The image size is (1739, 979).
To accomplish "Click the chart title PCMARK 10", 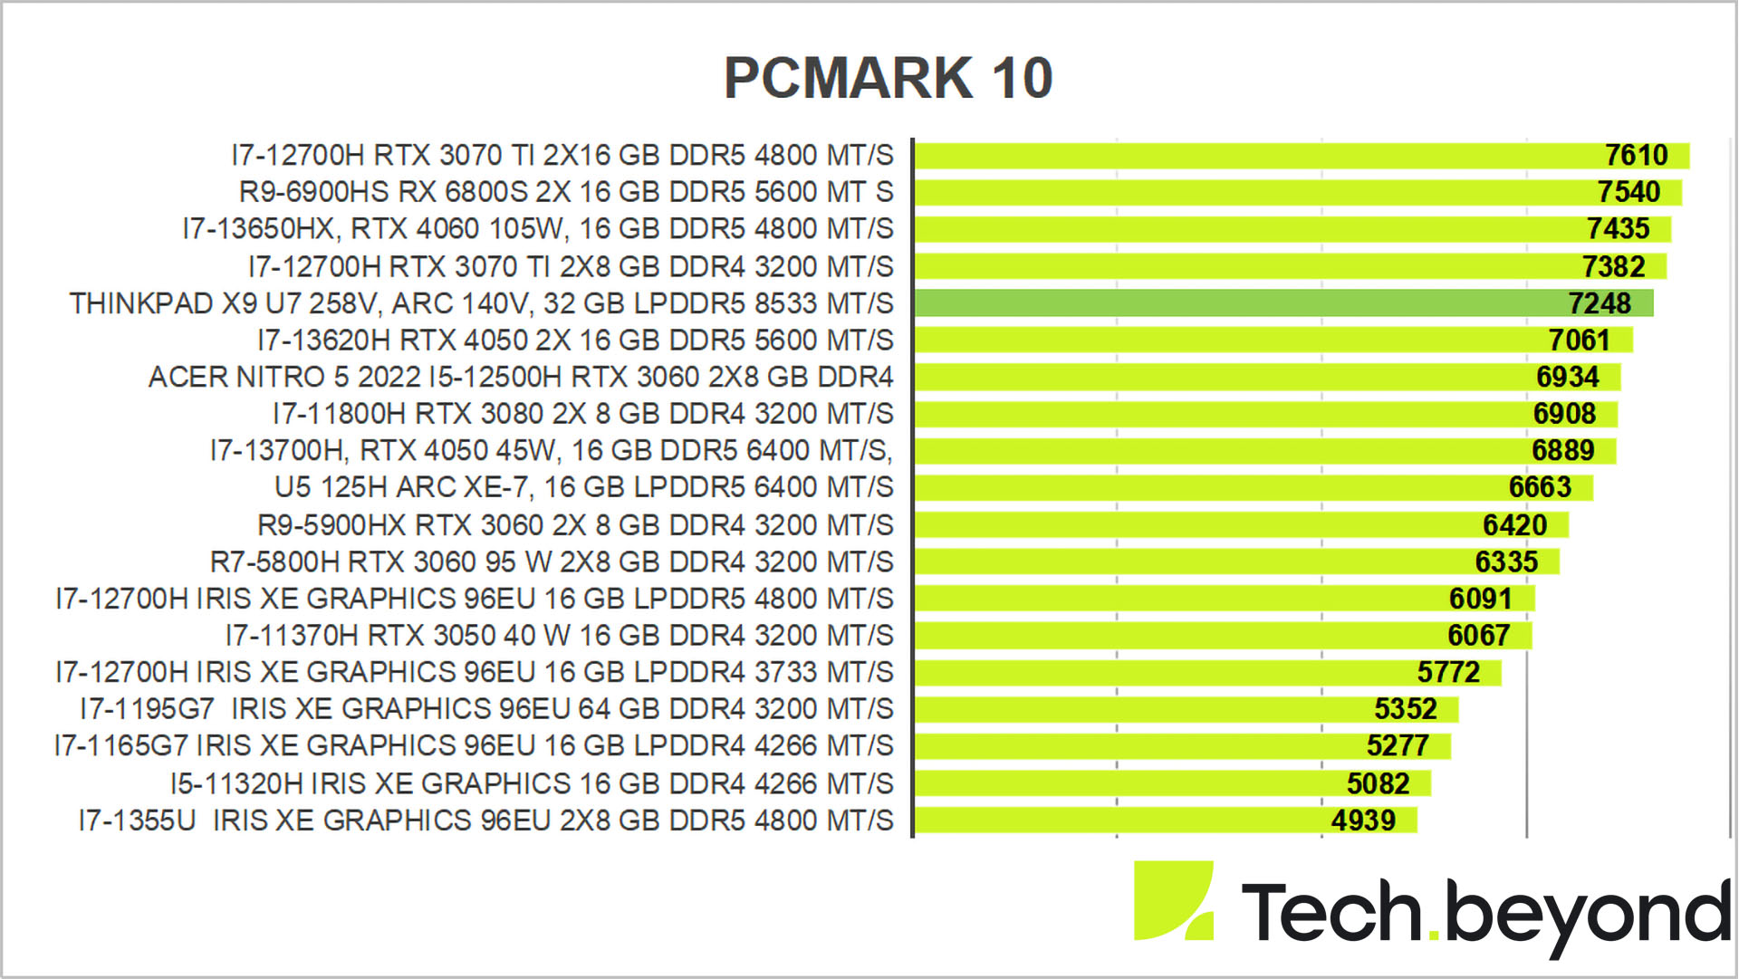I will point(888,78).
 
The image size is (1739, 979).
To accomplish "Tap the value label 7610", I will point(1636,156).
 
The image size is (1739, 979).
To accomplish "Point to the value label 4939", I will point(1363,821).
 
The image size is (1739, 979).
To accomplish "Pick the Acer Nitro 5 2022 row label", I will point(521,377).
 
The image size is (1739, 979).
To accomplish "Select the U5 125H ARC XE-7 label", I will point(583,487).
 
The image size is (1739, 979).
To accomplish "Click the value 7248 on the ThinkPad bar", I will point(1600,303).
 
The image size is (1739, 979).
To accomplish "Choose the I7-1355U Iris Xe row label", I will point(485,821).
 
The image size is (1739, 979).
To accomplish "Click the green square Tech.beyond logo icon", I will point(1173,900).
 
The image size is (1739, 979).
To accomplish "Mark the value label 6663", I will point(1540,487).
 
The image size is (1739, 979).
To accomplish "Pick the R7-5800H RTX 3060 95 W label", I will point(552,562).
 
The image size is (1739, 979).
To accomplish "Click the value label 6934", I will point(1567,377).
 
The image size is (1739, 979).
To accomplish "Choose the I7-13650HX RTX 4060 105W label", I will point(538,229).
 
